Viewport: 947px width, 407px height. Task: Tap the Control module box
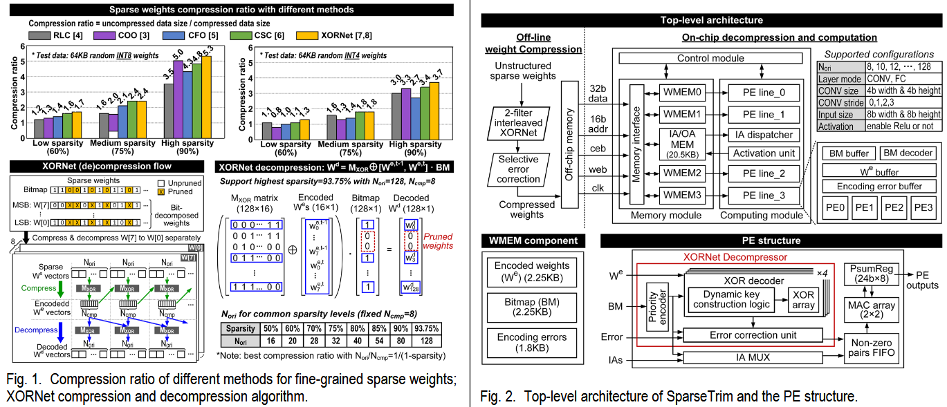710,59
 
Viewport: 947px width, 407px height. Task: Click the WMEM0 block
682,93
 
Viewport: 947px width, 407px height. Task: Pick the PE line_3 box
763,196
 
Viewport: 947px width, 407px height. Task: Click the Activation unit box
763,153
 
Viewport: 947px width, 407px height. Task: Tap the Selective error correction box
519,168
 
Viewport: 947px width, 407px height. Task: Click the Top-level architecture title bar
712,20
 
